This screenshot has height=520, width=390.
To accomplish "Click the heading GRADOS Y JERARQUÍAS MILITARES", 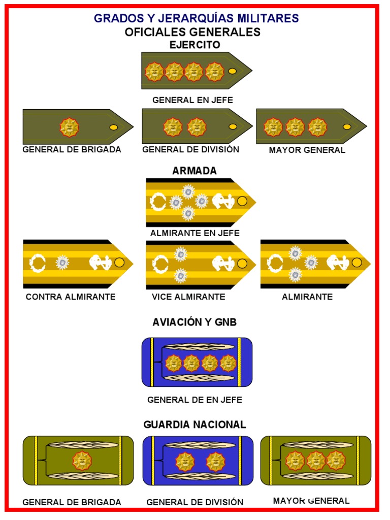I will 196,19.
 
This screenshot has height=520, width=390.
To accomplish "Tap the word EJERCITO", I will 195,45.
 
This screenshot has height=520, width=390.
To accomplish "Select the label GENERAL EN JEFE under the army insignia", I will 193,100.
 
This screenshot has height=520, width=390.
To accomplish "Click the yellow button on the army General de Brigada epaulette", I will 114,127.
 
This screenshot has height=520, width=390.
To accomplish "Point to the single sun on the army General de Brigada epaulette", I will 70,127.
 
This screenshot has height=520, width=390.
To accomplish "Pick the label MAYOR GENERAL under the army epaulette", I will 307,150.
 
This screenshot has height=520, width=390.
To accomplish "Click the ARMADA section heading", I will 194,171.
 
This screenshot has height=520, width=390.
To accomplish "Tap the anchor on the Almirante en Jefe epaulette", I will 222,202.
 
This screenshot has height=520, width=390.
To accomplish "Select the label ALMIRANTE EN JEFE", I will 195,234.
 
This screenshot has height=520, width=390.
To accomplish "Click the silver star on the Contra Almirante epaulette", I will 62,262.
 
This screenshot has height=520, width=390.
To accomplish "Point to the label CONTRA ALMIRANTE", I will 71,297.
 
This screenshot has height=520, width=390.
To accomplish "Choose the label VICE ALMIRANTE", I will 188,297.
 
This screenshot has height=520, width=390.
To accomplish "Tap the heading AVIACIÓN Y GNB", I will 194,322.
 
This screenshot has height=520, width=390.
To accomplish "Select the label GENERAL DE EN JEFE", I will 195,400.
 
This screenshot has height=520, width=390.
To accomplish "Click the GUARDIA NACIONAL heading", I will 195,425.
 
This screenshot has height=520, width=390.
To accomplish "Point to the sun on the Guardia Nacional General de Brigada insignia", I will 82,461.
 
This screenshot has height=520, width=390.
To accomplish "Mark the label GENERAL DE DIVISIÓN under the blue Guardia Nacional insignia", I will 195,502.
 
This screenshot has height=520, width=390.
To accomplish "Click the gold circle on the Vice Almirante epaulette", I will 242,264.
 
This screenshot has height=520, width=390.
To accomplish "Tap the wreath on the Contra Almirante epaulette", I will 38,263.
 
